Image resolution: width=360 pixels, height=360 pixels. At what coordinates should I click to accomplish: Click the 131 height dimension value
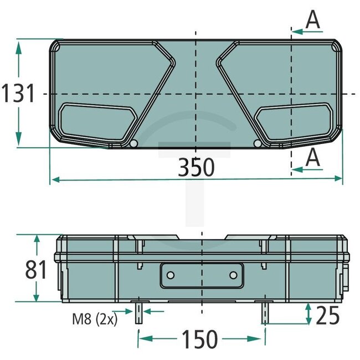pos(18,94)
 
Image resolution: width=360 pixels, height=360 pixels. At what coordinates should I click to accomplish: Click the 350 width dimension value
pos(196,167)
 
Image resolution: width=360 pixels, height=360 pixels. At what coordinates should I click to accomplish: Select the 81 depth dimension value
pos(36,270)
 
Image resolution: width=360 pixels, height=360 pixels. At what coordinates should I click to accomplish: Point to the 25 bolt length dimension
pos(328,315)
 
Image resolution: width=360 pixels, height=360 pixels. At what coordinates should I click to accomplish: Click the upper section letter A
pos(313,20)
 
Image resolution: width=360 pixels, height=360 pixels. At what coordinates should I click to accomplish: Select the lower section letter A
pos(313,157)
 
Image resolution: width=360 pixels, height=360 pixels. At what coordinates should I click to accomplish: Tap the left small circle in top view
pos(133,144)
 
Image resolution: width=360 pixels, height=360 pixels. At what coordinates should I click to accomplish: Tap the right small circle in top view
pos(257,144)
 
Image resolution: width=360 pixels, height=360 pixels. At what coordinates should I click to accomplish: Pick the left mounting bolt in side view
pos(138,313)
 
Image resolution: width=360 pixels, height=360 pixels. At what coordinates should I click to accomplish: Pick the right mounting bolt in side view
pos(265,313)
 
